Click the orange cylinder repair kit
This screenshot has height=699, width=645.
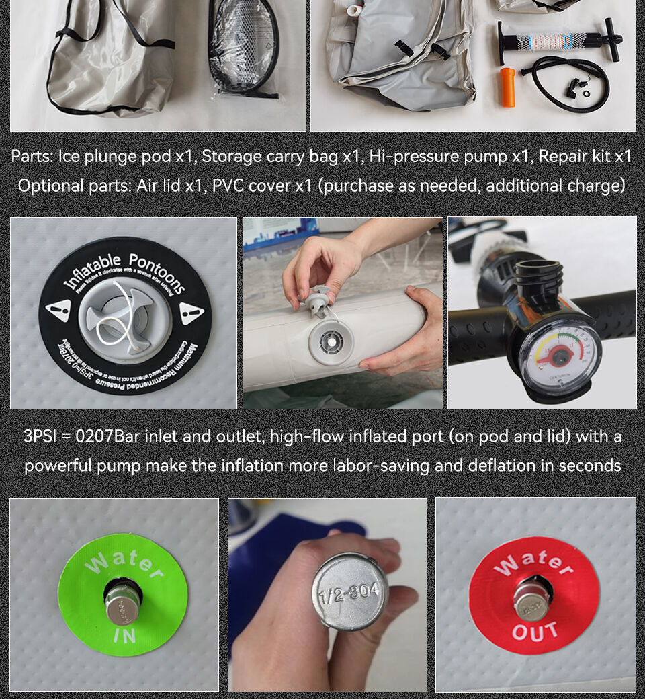point(508,87)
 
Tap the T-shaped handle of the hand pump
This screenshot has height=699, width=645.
point(611,39)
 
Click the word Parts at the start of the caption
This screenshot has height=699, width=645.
point(32,157)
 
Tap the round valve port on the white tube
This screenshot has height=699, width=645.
point(332,341)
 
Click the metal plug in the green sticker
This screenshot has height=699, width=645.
point(123,605)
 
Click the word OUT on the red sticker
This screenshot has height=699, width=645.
point(535,632)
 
